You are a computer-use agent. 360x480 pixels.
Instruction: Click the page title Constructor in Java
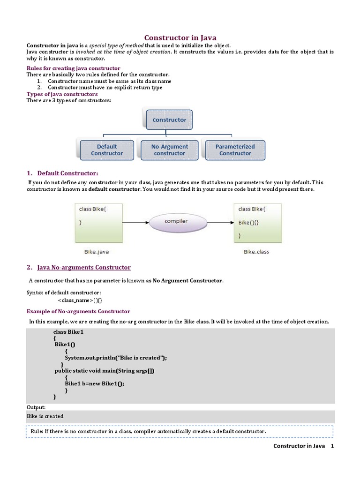pyautogui.click(x=180, y=37)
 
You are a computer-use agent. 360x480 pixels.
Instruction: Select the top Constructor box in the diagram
pyautogui.click(x=169, y=120)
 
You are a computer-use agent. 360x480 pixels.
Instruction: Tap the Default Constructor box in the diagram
pyautogui.click(x=107, y=150)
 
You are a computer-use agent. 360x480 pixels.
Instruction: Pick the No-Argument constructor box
pyautogui.click(x=169, y=150)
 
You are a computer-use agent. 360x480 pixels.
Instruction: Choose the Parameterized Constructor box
pyautogui.click(x=235, y=150)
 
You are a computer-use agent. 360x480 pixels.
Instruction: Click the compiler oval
pyautogui.click(x=176, y=221)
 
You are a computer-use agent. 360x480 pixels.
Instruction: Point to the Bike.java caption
pyautogui.click(x=97, y=252)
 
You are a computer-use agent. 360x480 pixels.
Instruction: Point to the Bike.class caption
pyautogui.click(x=256, y=252)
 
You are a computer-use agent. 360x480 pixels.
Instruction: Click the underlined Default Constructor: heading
pyautogui.click(x=68, y=173)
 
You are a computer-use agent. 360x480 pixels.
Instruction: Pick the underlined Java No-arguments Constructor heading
pyautogui.click(x=84, y=268)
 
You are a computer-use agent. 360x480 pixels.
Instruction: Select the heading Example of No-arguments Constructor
pyautogui.click(x=78, y=311)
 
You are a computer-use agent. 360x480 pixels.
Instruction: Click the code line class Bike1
pyautogui.click(x=68, y=332)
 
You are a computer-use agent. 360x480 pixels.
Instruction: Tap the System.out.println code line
pyautogui.click(x=116, y=358)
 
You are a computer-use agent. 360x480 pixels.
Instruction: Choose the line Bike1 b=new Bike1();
pyautogui.click(x=95, y=383)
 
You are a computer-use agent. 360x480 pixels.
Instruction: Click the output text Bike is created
pyautogui.click(x=45, y=416)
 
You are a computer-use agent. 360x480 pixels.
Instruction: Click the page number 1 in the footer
pyautogui.click(x=332, y=446)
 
